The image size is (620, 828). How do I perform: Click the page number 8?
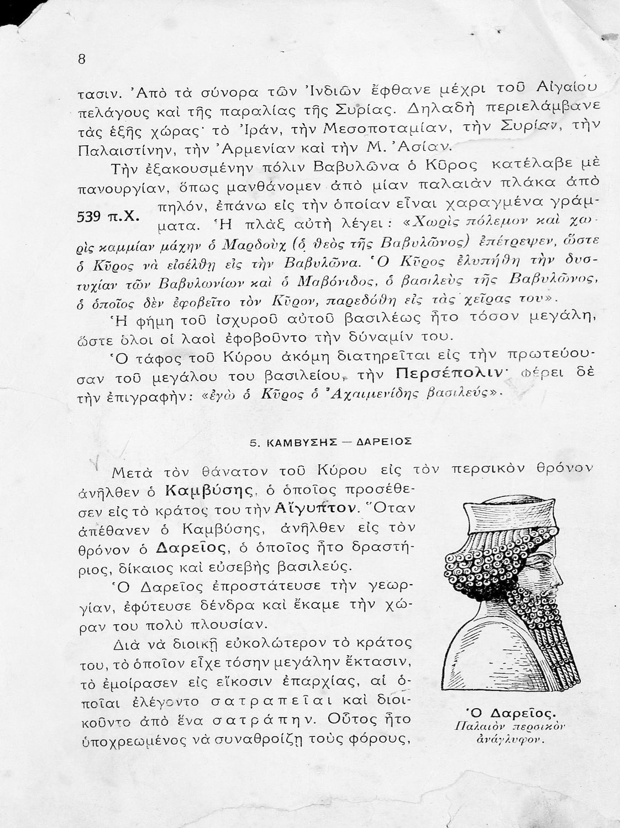point(82,60)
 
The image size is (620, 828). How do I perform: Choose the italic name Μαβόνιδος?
point(330,282)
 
